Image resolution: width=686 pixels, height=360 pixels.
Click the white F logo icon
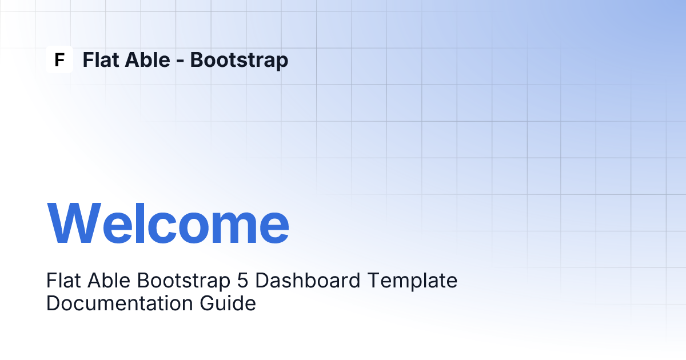pos(59,59)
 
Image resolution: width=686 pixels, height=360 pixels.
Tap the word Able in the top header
pos(147,59)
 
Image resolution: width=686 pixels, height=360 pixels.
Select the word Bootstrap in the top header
pos(239,61)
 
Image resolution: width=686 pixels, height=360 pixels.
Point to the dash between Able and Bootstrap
pos(180,61)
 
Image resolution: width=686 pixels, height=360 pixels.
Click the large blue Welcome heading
pos(168,223)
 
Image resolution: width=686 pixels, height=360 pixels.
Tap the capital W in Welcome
pos(74,223)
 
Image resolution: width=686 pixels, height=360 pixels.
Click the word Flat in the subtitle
pos(63,281)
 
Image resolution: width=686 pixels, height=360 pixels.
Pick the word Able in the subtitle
pos(109,281)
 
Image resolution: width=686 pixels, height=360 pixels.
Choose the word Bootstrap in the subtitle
pos(184,282)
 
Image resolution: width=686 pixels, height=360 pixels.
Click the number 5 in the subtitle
pos(242,281)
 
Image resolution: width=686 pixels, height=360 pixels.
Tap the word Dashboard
pos(308,281)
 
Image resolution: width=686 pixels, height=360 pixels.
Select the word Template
pos(412,282)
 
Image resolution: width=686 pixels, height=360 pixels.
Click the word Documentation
pos(119,303)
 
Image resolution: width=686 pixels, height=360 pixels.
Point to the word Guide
pos(228,303)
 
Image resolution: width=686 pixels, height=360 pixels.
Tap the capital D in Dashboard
pos(262,281)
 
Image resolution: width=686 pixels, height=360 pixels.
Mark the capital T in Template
pos(374,281)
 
